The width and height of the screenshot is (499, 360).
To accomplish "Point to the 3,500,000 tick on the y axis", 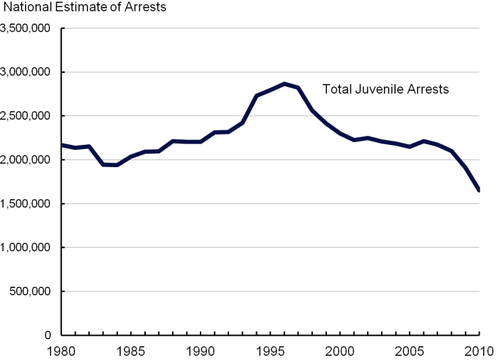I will tap(28, 28).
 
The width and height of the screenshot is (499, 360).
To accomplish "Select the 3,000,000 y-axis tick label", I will tap(28, 72).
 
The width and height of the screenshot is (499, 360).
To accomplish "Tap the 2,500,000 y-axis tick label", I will tap(28, 116).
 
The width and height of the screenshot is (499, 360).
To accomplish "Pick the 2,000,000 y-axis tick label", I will tap(28, 160).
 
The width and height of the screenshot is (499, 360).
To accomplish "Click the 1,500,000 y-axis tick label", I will tap(28, 204).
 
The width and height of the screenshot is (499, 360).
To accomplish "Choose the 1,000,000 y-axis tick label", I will tap(28, 248).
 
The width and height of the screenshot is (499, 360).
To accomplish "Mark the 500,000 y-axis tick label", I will tap(33, 291).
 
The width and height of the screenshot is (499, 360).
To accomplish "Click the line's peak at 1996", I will tap(284, 84).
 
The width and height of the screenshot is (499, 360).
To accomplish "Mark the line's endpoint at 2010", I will tap(479, 190).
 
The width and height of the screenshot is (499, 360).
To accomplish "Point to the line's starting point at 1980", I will tap(62, 145).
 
